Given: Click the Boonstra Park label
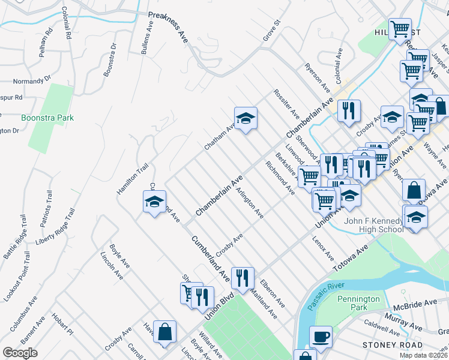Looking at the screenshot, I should click(47, 118).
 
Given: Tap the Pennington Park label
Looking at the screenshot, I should click(358, 303).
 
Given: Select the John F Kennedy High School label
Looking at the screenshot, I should click(373, 225).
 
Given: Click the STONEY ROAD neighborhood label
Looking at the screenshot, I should click(388, 344).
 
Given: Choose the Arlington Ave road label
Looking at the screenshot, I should click(250, 203).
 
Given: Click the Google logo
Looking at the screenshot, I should click(20, 353).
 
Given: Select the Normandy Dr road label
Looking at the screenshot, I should click(32, 80).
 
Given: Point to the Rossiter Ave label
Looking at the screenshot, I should click(286, 103).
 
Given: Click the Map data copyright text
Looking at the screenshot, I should click(423, 355).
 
